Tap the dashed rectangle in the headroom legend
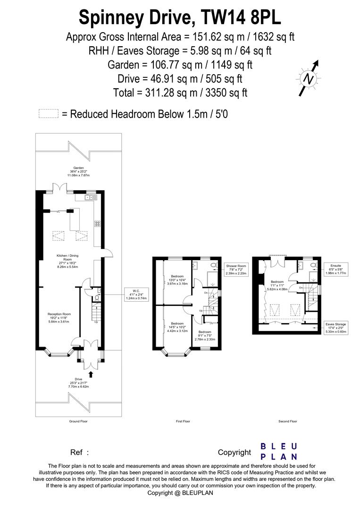(x=48, y=114)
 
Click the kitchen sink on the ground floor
(x=88, y=198)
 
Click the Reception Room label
(x=59, y=317)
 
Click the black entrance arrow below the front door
(x=91, y=374)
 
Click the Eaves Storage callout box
(x=335, y=328)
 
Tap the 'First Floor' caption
(x=183, y=421)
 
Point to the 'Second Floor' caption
(x=287, y=421)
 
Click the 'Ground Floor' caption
(x=78, y=421)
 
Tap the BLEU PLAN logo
(x=279, y=451)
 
